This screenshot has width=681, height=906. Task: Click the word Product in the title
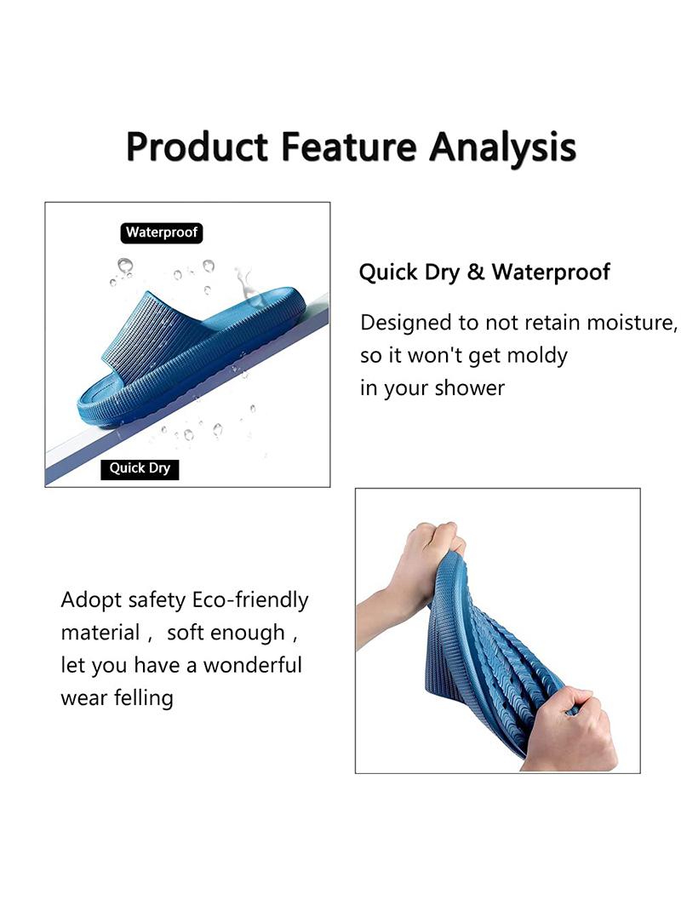(x=197, y=147)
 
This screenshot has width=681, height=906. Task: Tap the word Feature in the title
(x=349, y=146)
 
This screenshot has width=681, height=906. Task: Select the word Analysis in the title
(x=502, y=148)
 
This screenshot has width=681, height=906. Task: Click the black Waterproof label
(x=162, y=232)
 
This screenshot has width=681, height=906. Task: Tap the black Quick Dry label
(x=140, y=468)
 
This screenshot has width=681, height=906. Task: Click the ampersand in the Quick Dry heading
(x=475, y=272)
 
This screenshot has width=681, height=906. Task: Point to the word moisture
(x=632, y=323)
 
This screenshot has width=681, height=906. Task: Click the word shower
(x=469, y=388)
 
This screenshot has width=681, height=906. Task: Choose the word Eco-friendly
(x=250, y=599)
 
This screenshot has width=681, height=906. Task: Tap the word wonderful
(x=253, y=665)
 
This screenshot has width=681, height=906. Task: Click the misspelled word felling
(x=144, y=698)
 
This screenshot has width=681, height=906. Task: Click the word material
(x=100, y=633)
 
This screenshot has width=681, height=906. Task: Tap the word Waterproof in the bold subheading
(x=551, y=272)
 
